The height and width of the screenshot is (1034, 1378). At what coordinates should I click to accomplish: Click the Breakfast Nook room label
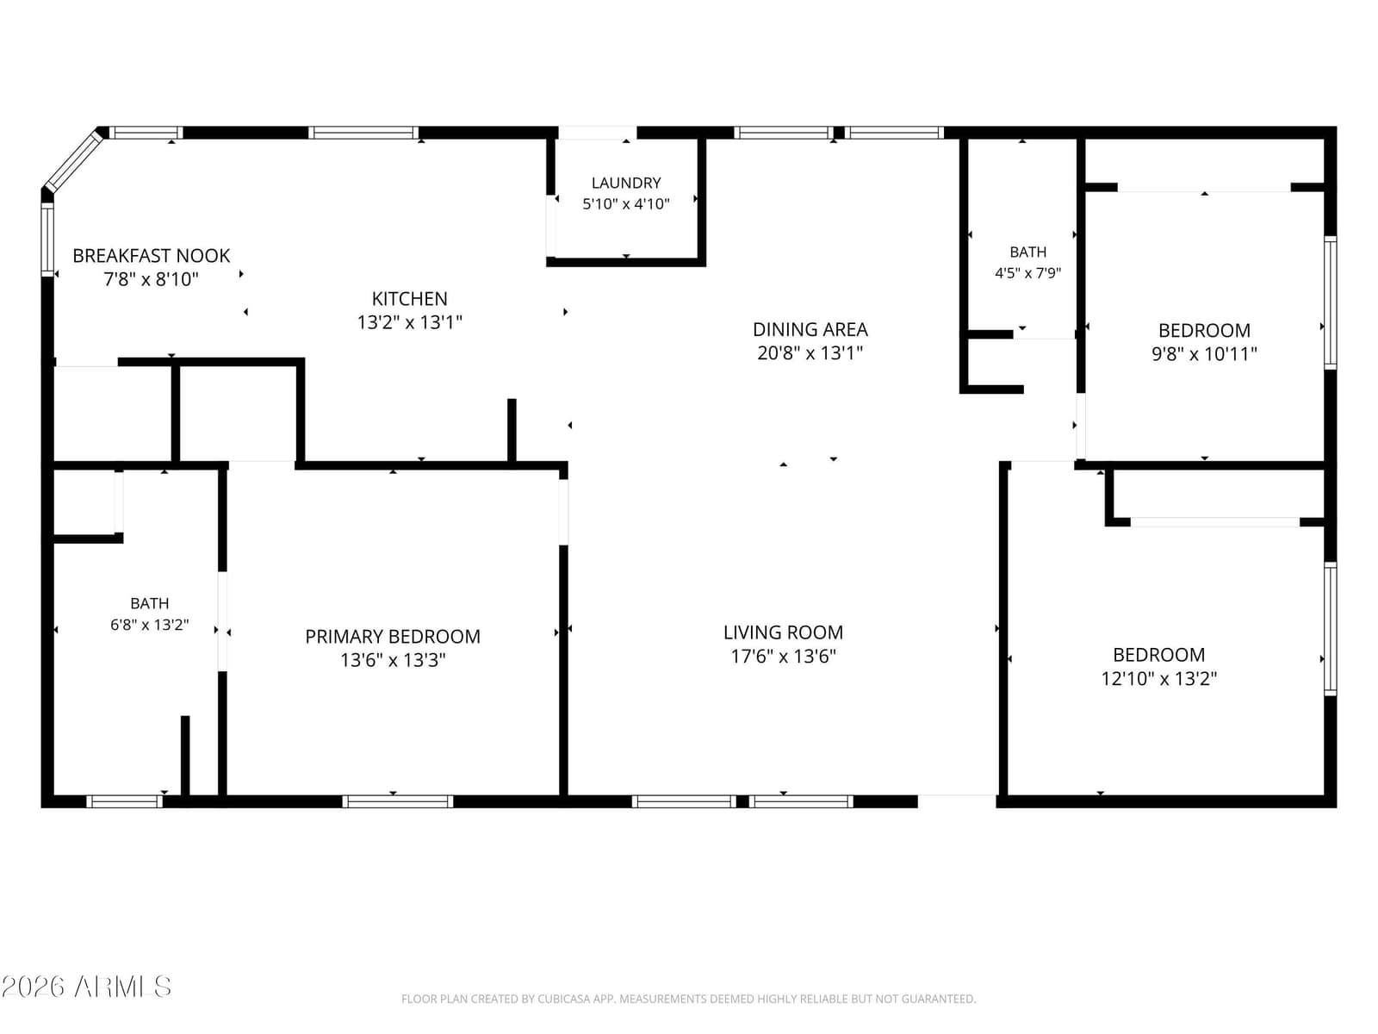(152, 256)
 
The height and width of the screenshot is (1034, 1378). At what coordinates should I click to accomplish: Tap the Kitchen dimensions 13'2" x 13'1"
(409, 322)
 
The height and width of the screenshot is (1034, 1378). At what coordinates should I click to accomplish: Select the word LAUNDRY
(626, 183)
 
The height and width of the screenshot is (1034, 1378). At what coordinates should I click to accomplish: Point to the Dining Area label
(810, 329)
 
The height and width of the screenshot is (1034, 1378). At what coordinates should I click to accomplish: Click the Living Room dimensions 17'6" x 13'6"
(783, 656)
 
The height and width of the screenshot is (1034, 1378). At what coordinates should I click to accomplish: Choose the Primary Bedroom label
(393, 637)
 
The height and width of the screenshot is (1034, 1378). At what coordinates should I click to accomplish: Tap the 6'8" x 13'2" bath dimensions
(149, 625)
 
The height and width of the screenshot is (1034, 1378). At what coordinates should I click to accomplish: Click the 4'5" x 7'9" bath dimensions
(1027, 273)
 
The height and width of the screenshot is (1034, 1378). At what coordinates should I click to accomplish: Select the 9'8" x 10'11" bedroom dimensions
(1204, 353)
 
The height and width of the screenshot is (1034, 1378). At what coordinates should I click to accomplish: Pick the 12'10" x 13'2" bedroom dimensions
(1159, 679)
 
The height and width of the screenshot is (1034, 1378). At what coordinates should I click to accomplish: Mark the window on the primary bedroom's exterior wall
(397, 801)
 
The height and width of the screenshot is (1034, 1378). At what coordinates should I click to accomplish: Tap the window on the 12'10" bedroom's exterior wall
(1330, 628)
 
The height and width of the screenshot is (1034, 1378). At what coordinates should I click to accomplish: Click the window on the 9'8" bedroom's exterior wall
(1330, 302)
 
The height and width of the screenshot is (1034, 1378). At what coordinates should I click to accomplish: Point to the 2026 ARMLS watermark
(86, 987)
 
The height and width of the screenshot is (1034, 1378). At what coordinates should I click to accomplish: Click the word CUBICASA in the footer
(564, 999)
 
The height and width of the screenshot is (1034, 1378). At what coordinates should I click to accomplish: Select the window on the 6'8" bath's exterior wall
(124, 801)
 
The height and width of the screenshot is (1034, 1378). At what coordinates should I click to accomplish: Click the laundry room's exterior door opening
(597, 133)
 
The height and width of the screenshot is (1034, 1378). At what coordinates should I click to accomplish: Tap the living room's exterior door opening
(957, 801)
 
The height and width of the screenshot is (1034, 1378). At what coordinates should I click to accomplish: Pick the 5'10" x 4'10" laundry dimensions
(626, 204)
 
